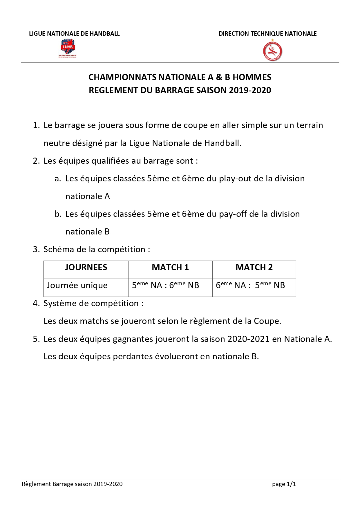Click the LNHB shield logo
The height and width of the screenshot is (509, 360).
click(68, 48)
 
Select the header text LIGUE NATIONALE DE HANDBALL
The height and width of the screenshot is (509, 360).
click(74, 34)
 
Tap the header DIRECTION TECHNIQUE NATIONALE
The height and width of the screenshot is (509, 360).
click(267, 34)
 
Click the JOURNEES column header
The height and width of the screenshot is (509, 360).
click(86, 267)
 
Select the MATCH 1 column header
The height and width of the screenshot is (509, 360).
click(170, 267)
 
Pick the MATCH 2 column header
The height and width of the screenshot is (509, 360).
click(254, 267)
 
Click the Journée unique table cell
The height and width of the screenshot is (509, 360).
click(77, 285)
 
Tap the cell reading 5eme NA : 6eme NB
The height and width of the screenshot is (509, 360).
click(166, 285)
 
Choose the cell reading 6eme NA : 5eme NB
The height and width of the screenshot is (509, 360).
click(250, 285)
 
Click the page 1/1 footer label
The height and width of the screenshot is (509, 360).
click(284, 484)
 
